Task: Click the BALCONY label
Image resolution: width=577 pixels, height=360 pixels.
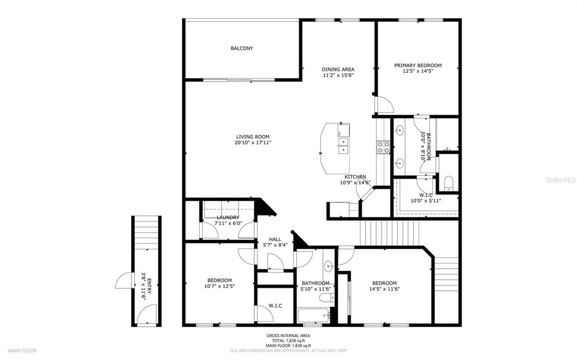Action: (x=242, y=48)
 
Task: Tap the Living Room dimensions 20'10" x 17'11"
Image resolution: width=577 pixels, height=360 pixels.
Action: (x=252, y=143)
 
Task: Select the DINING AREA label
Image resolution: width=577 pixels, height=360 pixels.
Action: (x=338, y=69)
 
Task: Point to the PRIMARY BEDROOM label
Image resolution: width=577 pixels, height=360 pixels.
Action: (x=418, y=65)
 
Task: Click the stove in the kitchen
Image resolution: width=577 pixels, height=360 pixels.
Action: (x=383, y=148)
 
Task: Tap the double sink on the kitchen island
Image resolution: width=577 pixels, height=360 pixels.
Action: (x=343, y=149)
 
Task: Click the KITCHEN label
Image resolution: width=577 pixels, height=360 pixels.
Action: (x=355, y=177)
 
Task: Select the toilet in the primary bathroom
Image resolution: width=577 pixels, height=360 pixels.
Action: (x=449, y=183)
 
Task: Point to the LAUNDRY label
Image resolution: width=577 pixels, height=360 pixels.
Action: (x=228, y=217)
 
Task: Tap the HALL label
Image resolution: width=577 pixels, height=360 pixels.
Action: (x=275, y=239)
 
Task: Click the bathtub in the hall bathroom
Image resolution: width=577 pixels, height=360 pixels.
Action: (x=313, y=315)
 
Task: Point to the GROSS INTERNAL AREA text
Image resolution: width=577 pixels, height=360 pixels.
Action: (x=288, y=336)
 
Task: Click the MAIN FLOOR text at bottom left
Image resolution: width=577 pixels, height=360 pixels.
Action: (x=22, y=350)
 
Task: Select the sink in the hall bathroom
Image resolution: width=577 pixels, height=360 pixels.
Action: (x=328, y=267)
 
